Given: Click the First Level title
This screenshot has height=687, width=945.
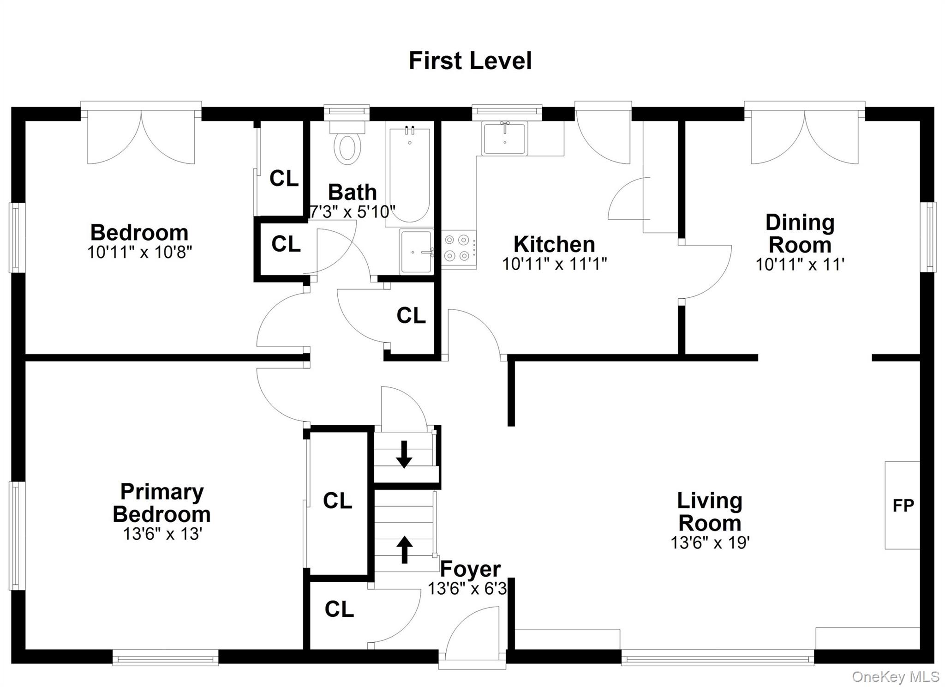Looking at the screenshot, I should pyautogui.click(x=470, y=61).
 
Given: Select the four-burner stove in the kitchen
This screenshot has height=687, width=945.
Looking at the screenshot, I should pyautogui.click(x=458, y=248).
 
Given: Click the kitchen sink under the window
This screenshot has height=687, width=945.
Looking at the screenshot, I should pyautogui.click(x=504, y=139).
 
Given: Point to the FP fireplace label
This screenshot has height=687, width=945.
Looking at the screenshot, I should pyautogui.click(x=903, y=506).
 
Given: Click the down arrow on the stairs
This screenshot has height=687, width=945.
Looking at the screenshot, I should pyautogui.click(x=404, y=454).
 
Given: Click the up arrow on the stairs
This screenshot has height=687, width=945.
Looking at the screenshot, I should pyautogui.click(x=405, y=550).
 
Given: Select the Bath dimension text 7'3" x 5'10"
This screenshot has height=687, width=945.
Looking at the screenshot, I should pyautogui.click(x=352, y=211).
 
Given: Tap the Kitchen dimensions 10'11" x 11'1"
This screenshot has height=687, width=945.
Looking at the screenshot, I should pyautogui.click(x=554, y=264).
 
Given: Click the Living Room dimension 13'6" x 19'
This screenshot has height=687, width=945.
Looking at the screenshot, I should pyautogui.click(x=710, y=542).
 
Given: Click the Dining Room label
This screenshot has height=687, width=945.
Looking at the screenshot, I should pyautogui.click(x=800, y=234).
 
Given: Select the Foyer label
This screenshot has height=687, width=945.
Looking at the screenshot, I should pyautogui.click(x=470, y=569).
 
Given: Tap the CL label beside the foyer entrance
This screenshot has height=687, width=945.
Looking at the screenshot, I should pyautogui.click(x=339, y=609).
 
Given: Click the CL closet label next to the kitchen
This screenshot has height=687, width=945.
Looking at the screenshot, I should pyautogui.click(x=411, y=316).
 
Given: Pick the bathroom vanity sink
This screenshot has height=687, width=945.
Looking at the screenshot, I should pyautogui.click(x=416, y=252).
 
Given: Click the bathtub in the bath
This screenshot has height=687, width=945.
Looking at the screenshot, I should pyautogui.click(x=409, y=175).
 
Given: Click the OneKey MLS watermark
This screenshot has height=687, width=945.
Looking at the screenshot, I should pyautogui.click(x=895, y=677).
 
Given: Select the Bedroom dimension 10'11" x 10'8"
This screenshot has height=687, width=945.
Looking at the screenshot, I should pyautogui.click(x=139, y=252).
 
